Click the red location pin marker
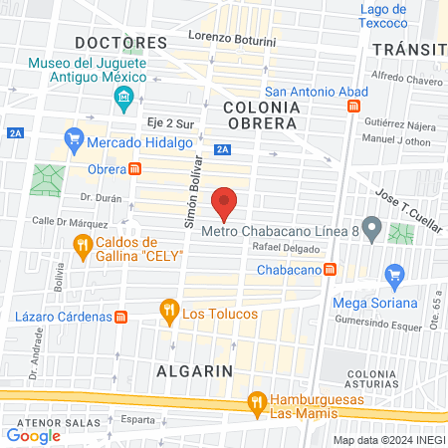coord(225,203)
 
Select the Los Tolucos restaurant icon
coord(169,313)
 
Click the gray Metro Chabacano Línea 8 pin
coord(371,229)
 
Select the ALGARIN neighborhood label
coord(194,369)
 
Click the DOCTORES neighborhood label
coord(121,43)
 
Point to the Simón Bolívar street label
coord(194,192)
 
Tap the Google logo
coord(33,435)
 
